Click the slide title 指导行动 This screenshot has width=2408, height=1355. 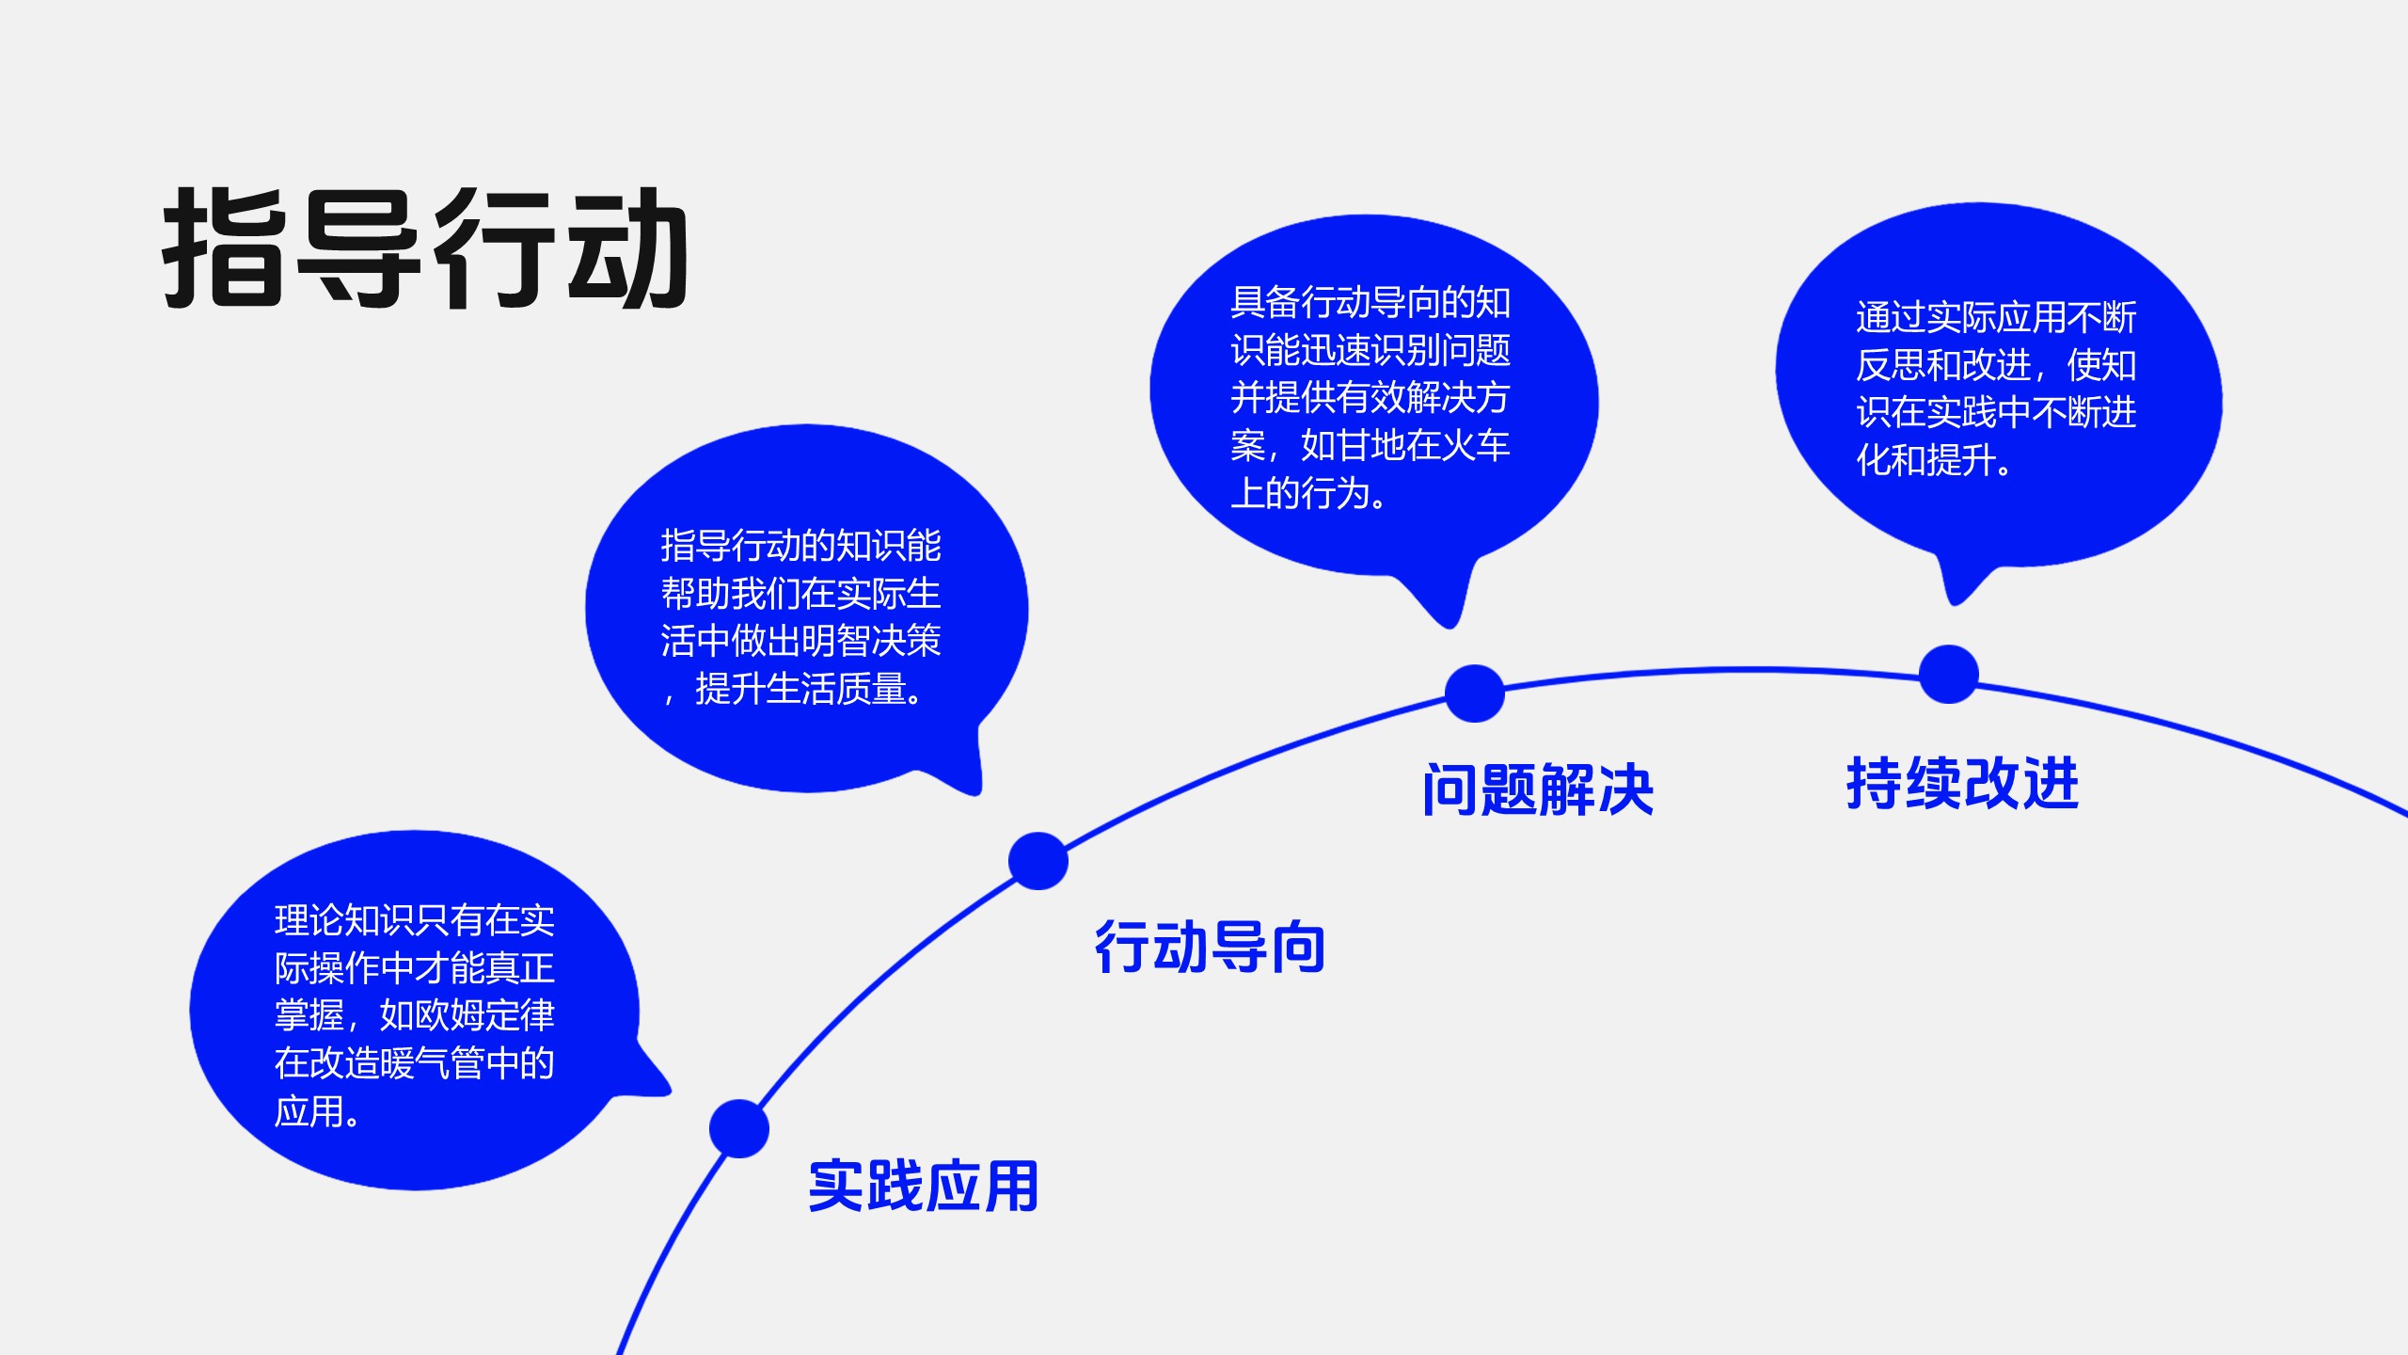(x=425, y=248)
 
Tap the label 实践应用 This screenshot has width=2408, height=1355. (x=923, y=1187)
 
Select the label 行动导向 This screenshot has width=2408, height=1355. (x=1210, y=948)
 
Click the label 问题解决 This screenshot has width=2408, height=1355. (x=1538, y=790)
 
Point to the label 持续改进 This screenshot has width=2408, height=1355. (x=1962, y=784)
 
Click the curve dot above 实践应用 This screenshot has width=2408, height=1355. (x=739, y=1128)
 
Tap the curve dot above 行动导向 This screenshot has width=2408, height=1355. (x=1038, y=861)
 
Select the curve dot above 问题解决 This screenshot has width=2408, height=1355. (x=1474, y=693)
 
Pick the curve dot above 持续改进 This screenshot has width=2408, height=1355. (x=1948, y=674)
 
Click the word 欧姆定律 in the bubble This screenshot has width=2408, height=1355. (x=484, y=1016)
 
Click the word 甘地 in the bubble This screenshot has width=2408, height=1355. (x=1370, y=446)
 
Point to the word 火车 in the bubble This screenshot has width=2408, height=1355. (x=1475, y=446)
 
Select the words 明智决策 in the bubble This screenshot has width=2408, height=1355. (x=871, y=642)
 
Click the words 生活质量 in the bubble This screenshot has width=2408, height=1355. (x=835, y=690)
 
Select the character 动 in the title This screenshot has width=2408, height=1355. (x=627, y=248)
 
